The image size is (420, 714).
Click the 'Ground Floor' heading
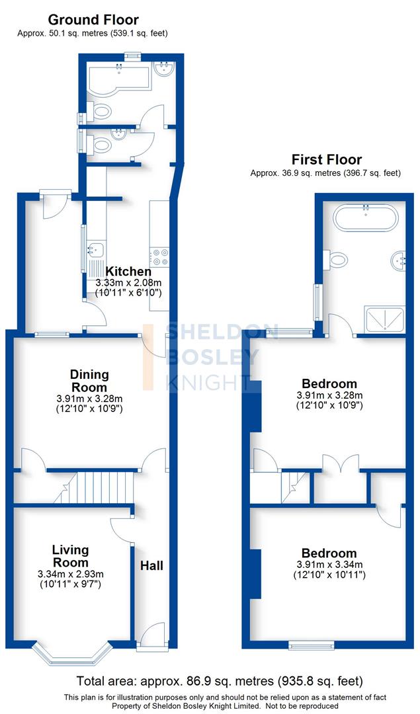[93, 20]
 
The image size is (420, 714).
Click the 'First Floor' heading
[327, 159]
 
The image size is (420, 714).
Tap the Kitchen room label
[129, 271]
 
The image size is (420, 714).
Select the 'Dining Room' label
[89, 381]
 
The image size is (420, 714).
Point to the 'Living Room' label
[71, 556]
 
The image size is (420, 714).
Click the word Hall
[151, 565]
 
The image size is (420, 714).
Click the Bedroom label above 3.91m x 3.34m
[329, 553]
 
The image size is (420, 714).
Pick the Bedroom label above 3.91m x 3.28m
[329, 383]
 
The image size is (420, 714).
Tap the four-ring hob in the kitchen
[160, 257]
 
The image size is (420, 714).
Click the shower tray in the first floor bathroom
[384, 319]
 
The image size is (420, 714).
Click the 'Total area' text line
[220, 680]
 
